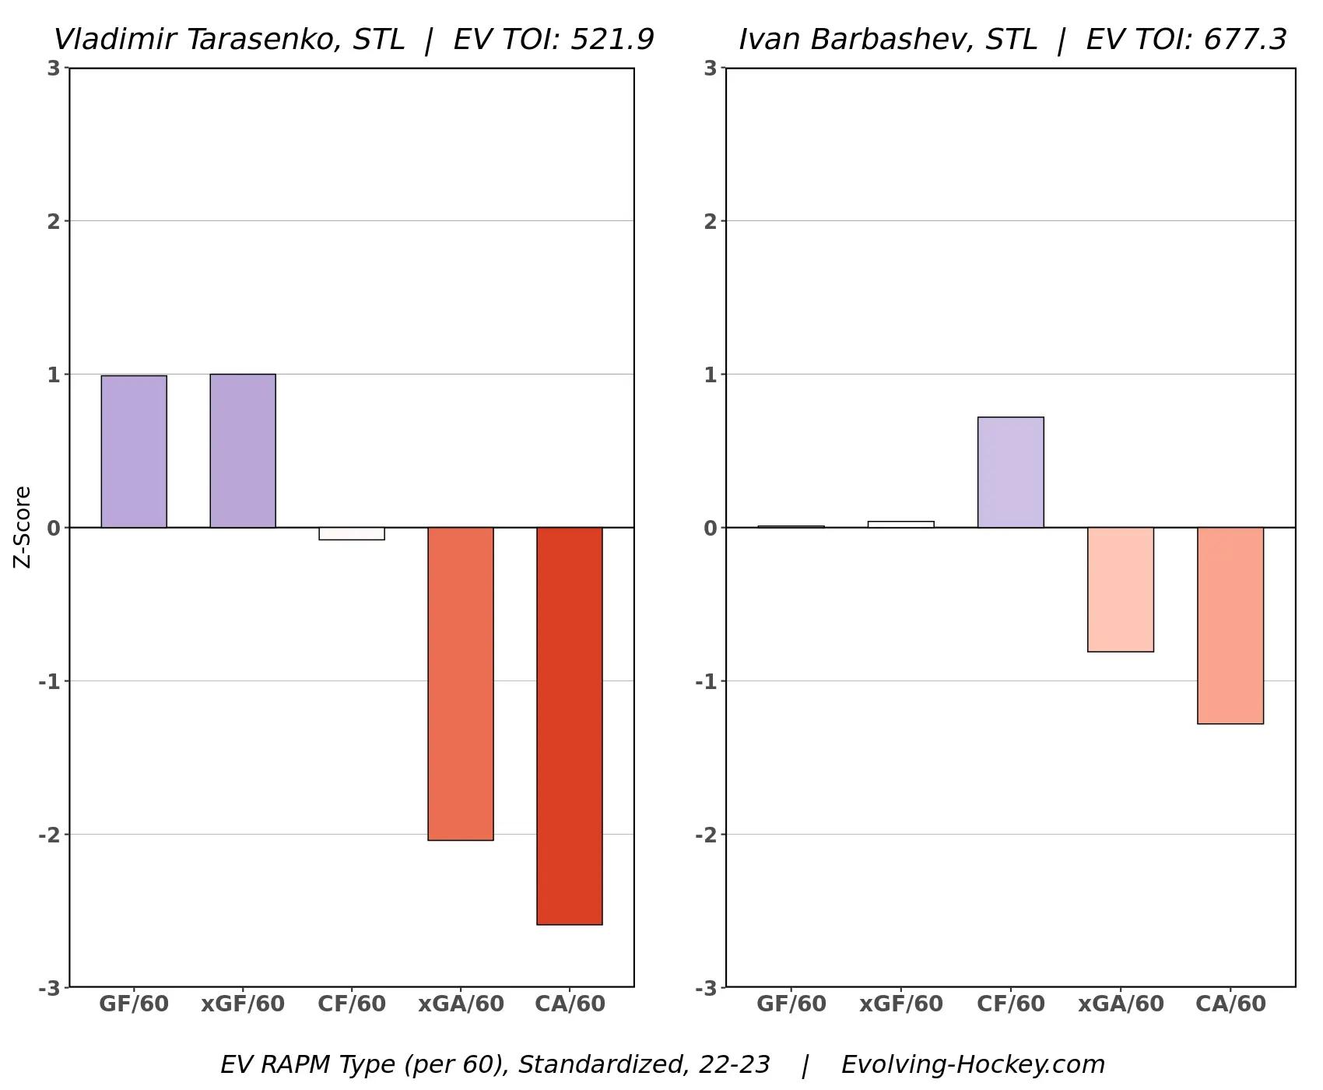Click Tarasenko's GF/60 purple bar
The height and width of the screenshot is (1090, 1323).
[134, 452]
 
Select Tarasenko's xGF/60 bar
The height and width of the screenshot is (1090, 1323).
[243, 451]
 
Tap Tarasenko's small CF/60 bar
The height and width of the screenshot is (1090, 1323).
[352, 534]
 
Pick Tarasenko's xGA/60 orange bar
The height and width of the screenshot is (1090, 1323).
[461, 684]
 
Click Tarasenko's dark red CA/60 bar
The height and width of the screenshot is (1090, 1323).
[570, 726]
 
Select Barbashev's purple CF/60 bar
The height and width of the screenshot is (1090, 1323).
[1011, 473]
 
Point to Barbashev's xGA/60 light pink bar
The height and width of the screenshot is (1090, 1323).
[1121, 589]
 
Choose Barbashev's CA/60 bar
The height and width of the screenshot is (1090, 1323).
[1230, 625]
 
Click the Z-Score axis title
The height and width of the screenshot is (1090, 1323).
[23, 527]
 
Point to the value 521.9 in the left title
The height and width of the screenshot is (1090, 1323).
[612, 40]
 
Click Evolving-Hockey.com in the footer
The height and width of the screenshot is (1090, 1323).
[973, 1064]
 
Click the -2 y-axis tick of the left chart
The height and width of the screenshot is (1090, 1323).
[49, 835]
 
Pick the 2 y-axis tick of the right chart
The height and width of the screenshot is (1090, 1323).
[710, 221]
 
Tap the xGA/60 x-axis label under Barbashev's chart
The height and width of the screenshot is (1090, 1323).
[1121, 1004]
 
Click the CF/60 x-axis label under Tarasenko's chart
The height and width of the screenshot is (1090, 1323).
[352, 1004]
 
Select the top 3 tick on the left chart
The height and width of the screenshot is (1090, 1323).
[53, 69]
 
